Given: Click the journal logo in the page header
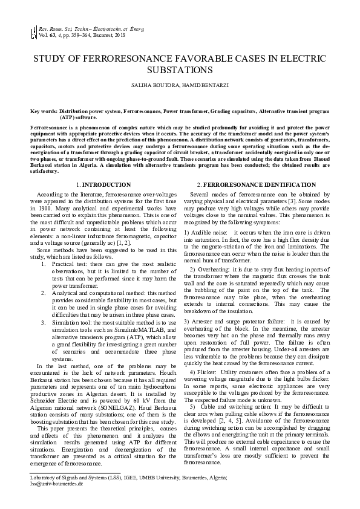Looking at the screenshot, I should click(x=33, y=32).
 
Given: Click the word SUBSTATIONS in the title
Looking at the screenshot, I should click(x=180, y=70).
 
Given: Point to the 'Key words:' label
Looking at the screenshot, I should click(x=44, y=112).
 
